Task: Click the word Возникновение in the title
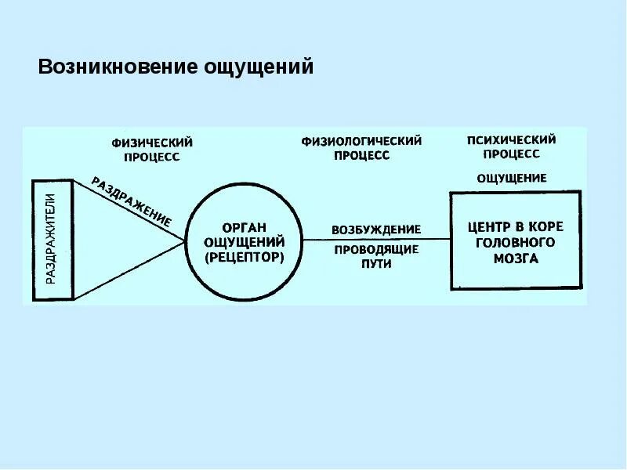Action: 118,67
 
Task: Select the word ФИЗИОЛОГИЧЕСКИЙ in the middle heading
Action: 361,141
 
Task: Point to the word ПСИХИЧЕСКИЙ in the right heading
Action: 511,140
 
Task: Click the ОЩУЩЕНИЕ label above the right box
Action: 512,178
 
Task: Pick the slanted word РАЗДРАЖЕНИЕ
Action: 132,201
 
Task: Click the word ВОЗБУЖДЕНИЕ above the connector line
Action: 376,230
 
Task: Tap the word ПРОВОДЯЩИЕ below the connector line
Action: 376,250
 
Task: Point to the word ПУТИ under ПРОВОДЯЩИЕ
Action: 377,264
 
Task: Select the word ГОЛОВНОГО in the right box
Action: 515,242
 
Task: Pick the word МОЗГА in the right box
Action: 515,258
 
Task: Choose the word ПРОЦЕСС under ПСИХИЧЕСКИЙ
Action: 511,154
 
